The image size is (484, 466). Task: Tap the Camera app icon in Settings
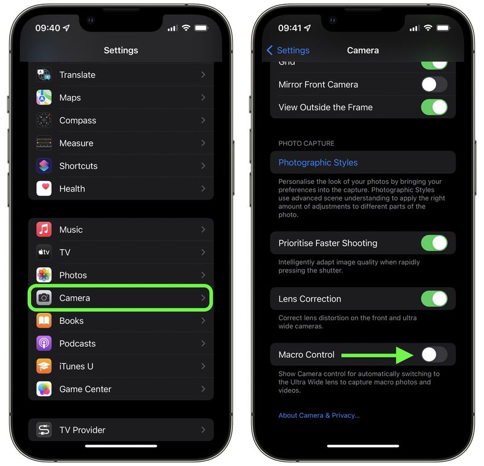[x=44, y=298]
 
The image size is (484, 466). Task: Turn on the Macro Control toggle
[x=434, y=355]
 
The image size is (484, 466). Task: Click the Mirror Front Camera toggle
[x=434, y=85]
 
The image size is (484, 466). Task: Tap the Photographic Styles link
[x=318, y=163]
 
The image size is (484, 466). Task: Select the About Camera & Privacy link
[x=319, y=415]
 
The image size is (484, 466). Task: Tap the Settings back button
[x=288, y=50]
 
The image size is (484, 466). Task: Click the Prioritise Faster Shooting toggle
[x=434, y=243]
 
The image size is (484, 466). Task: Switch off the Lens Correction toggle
[x=434, y=299]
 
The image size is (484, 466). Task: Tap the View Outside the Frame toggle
[x=434, y=107]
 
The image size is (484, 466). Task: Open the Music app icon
[x=44, y=230]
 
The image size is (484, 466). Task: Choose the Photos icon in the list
[x=44, y=275]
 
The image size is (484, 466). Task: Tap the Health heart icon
[x=44, y=189]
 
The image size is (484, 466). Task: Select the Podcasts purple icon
[x=44, y=343]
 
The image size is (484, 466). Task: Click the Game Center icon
[x=44, y=389]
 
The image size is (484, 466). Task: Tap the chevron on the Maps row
[x=203, y=97]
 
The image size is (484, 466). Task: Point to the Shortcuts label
[x=78, y=166]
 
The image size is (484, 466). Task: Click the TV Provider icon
[x=44, y=430]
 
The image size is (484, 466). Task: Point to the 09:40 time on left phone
[x=47, y=28]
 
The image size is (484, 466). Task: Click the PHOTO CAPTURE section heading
[x=306, y=143]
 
